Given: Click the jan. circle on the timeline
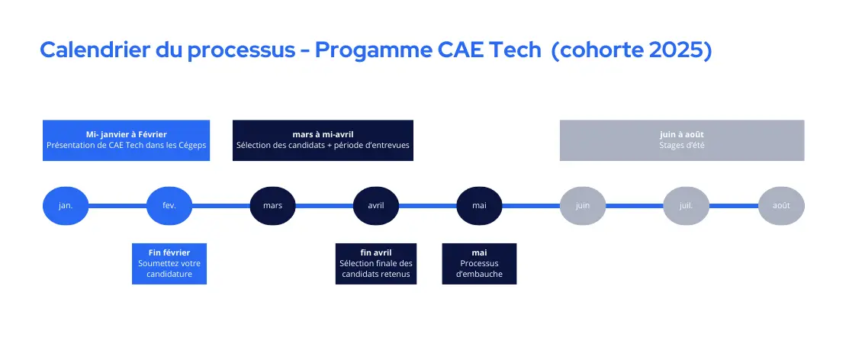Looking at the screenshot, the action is [66, 206].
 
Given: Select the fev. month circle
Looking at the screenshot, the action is [169, 206].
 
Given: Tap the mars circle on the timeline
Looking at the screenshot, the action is [273, 206].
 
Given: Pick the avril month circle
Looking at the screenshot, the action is [376, 206].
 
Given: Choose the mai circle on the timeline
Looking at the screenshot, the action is [479, 206].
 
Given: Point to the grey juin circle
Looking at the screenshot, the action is [583, 206].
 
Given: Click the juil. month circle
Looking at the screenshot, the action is [686, 206].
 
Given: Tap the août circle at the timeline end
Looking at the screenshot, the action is [781, 206].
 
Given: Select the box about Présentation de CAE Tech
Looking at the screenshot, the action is [126, 140].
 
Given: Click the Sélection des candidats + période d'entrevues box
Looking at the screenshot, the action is [323, 140].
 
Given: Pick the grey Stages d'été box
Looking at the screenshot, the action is [682, 140].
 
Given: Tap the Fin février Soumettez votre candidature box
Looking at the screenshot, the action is [169, 264].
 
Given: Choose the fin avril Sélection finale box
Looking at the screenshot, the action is [376, 264].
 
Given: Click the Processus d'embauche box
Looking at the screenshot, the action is [479, 264].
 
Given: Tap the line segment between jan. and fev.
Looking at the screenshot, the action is [117, 206].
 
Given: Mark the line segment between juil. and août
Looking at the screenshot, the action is [734, 206].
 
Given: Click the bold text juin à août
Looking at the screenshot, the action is [682, 134].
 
